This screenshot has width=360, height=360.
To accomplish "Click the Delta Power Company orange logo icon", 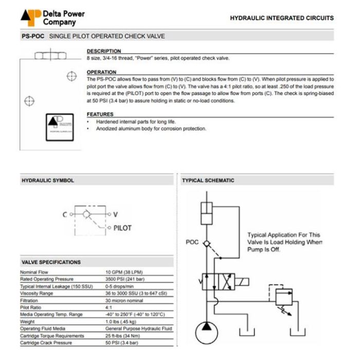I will click(30, 17).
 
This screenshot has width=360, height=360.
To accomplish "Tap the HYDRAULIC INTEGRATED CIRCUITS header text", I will click(281, 18).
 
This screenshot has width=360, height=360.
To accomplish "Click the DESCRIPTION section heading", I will click(104, 51).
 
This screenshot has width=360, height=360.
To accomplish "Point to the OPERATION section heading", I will click(102, 73).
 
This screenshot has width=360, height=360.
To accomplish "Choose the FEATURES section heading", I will click(100, 114).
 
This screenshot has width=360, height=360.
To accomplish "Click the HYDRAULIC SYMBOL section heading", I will click(47, 181).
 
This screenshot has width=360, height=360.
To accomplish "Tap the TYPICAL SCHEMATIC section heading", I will click(208, 181).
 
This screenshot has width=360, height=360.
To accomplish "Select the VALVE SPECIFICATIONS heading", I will click(51, 262).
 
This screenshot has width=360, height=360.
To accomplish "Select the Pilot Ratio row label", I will click(30, 307).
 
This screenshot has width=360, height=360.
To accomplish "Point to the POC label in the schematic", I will click(191, 242).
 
